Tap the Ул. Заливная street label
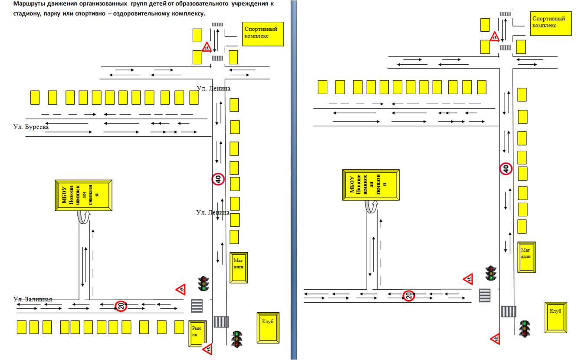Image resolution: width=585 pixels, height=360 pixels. click(33, 299)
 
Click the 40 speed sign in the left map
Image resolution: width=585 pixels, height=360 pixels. click(218, 178)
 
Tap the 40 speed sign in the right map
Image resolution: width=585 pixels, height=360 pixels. click(506, 168)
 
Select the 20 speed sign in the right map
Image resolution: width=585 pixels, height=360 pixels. click(409, 296)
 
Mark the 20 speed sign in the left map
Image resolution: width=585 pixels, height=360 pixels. click(121, 306)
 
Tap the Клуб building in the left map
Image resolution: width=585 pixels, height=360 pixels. click(268, 327)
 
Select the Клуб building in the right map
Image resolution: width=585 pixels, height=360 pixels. click(555, 317)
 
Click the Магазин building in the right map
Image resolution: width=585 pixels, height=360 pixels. click(526, 257)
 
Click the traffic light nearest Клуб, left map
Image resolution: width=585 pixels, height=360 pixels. click(237, 339)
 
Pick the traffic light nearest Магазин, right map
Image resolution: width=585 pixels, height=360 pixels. click(491, 273)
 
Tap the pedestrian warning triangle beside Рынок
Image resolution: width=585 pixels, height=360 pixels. click(207, 348)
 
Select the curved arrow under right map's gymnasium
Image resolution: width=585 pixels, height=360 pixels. click(370, 206)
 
